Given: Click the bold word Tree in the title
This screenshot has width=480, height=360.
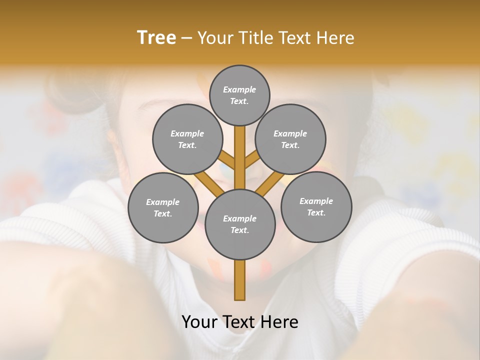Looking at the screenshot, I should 156,38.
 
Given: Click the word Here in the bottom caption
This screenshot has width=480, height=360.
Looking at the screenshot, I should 279,322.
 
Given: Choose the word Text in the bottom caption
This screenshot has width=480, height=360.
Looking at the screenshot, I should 239,322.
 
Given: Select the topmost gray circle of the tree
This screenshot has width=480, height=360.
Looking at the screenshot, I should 239,95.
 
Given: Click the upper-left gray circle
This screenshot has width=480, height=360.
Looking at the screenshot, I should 187,139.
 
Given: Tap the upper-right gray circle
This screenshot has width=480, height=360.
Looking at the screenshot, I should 290,139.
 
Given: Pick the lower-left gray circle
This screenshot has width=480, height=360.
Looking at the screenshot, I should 162,207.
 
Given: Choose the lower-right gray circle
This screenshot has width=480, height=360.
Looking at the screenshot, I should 316,206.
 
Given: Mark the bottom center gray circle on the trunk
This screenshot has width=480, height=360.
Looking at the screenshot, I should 239,224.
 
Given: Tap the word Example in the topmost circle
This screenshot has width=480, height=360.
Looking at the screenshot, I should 239,89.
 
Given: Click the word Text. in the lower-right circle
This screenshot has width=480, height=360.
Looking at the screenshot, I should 316,212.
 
